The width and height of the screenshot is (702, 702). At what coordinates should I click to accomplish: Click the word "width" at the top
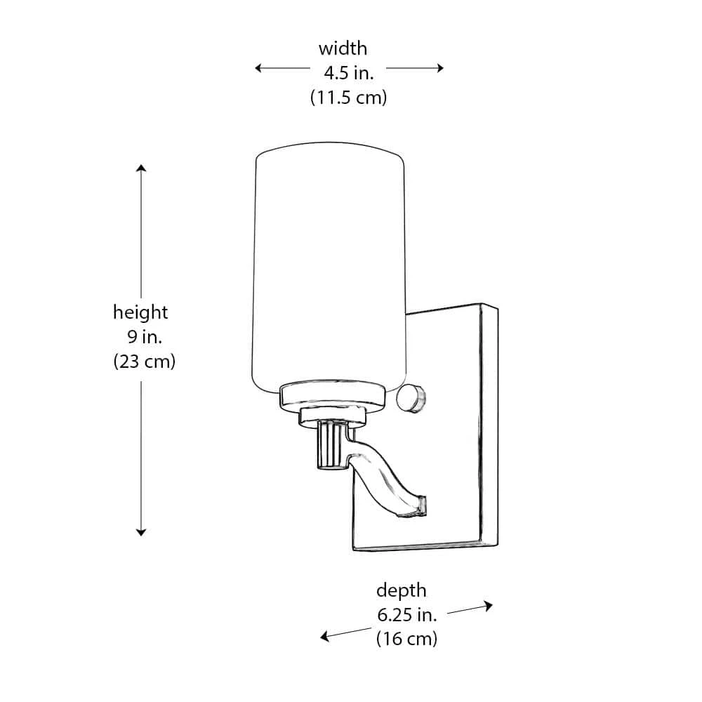343,49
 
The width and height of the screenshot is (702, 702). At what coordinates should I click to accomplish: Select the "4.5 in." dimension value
348,73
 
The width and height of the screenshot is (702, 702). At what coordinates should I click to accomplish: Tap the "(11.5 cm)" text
348,98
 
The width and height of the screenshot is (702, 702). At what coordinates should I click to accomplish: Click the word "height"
140,312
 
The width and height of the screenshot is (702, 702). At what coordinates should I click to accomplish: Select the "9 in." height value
145,336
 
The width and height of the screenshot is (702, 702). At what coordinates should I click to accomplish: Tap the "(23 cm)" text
144,362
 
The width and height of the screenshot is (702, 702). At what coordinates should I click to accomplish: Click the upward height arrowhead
141,169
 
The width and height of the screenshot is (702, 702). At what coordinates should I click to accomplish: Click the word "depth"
401,590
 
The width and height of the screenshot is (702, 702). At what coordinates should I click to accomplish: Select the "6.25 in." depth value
407,616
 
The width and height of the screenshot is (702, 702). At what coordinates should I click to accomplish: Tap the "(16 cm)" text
406,640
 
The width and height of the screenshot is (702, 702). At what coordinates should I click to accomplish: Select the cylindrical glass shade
329,267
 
